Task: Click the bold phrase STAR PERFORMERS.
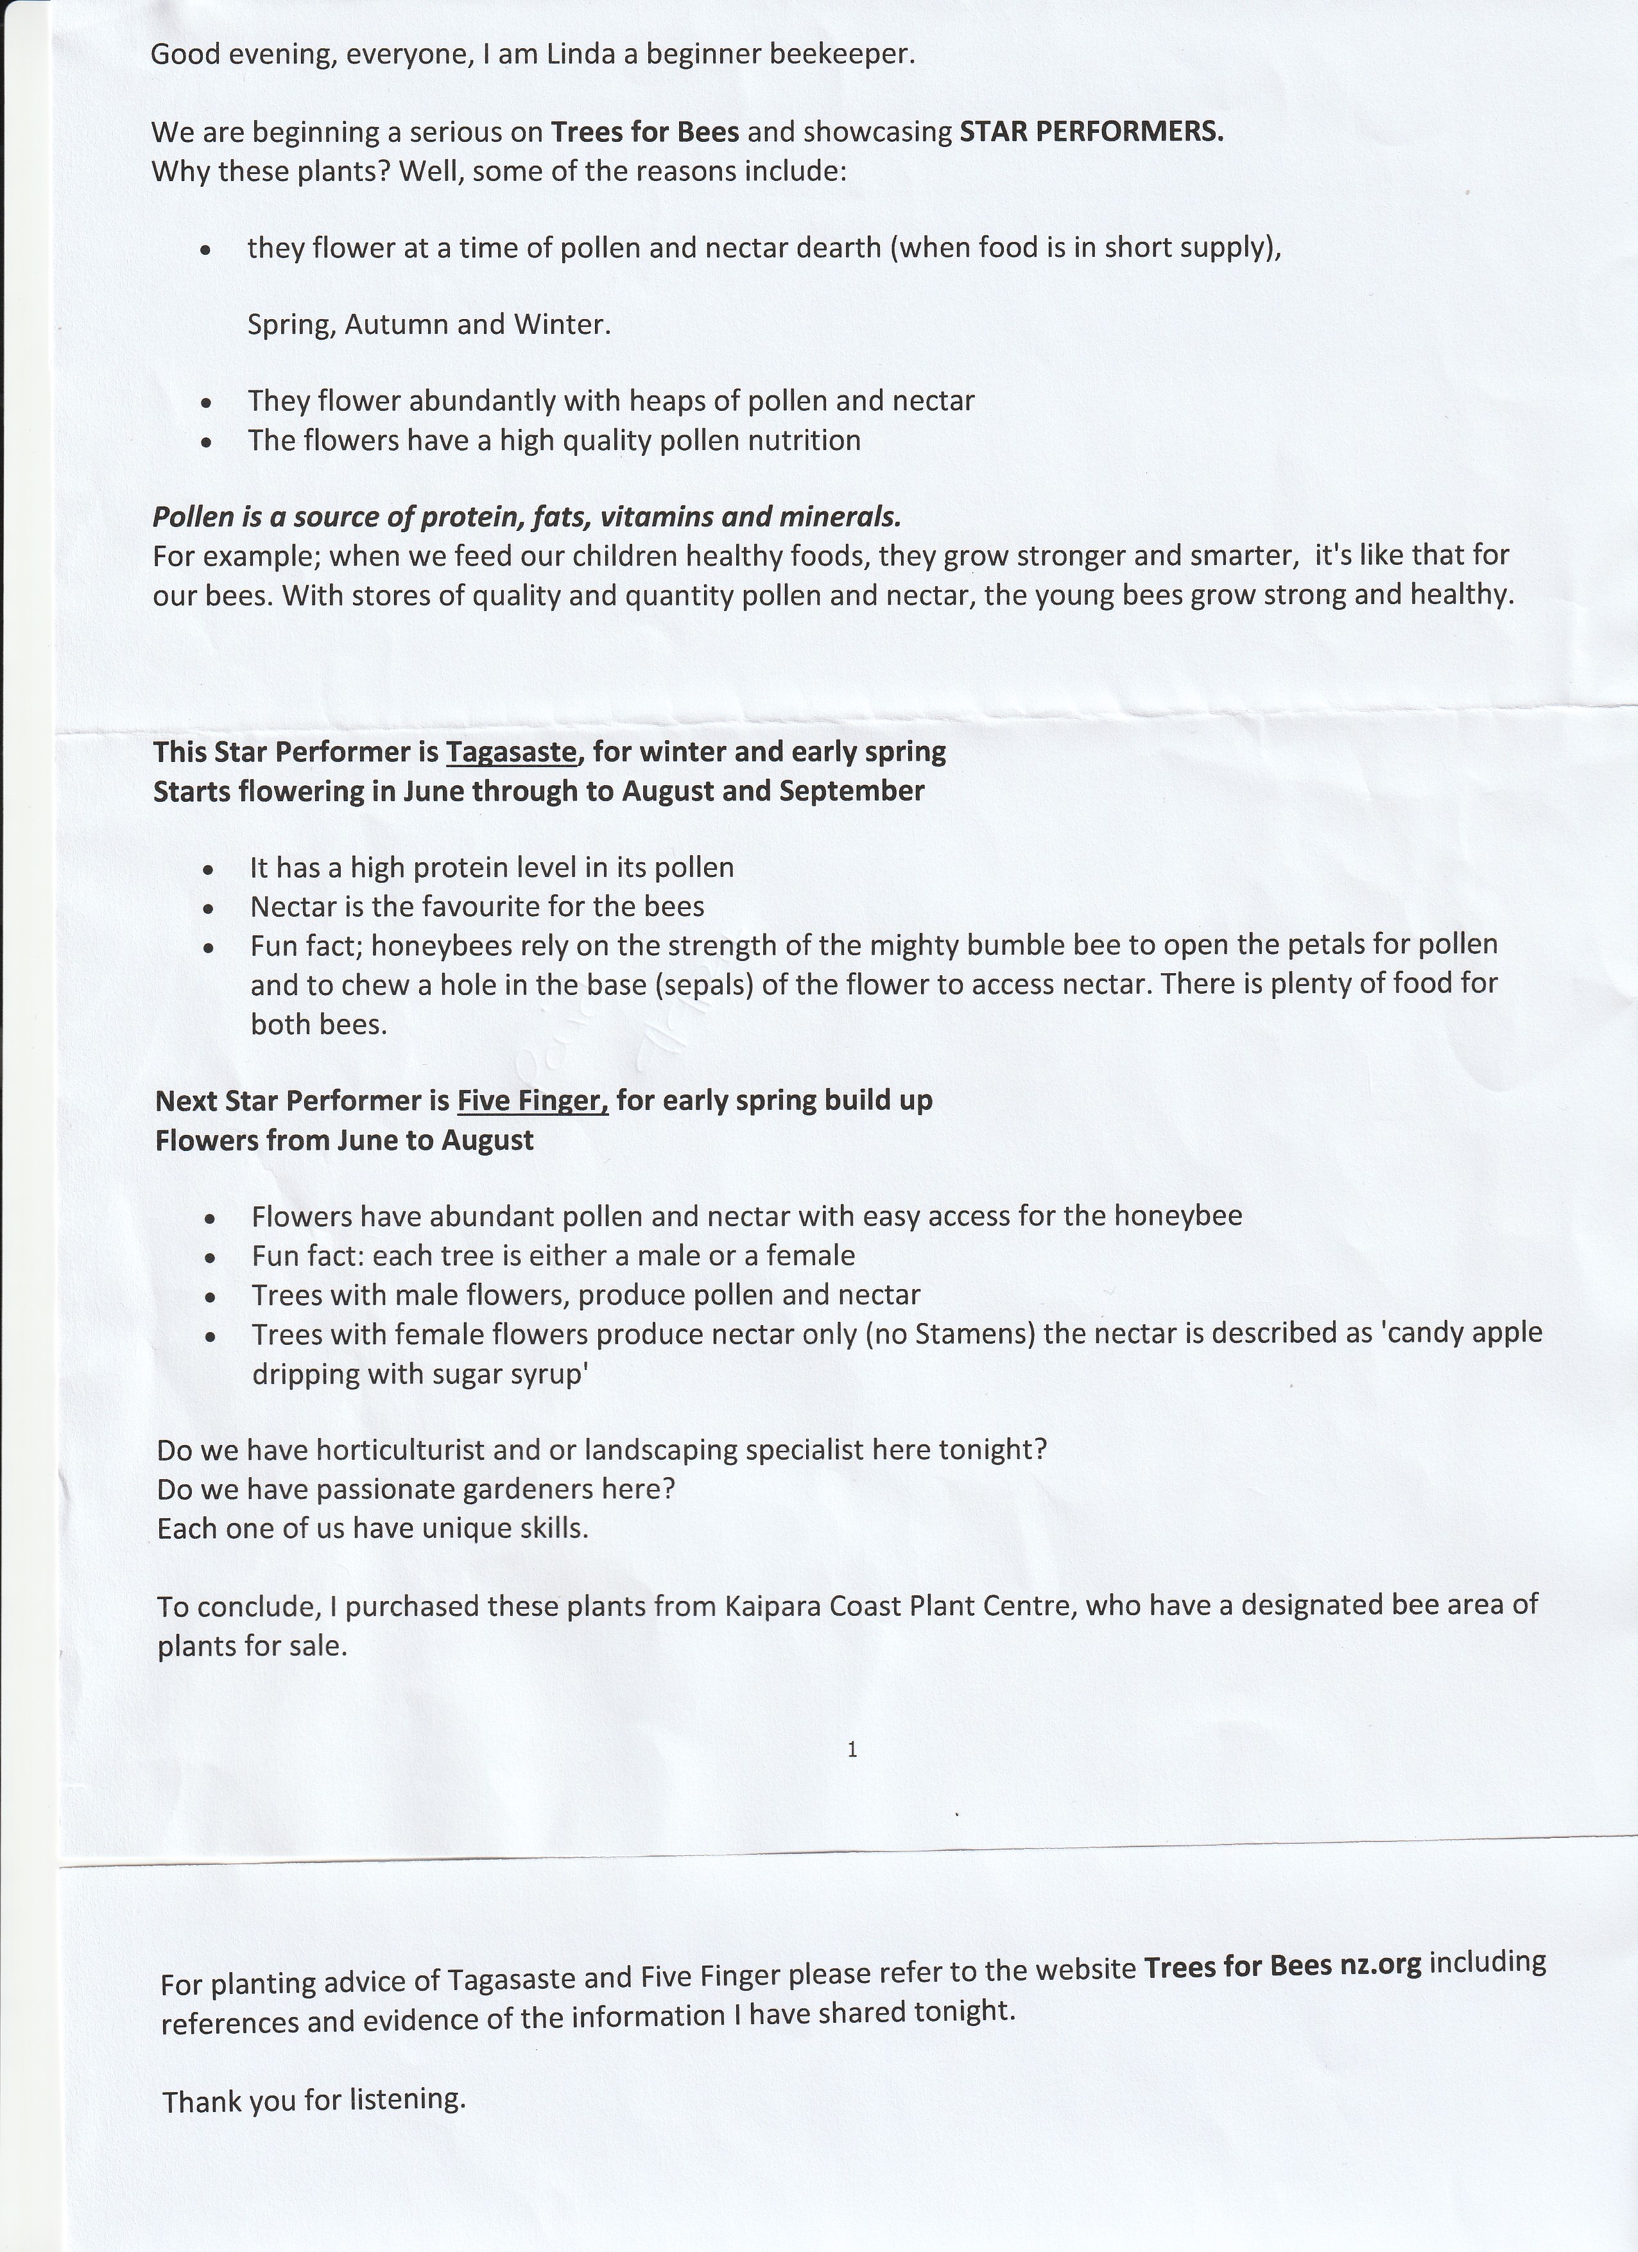[x=1091, y=132]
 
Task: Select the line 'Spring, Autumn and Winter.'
[x=429, y=325]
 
